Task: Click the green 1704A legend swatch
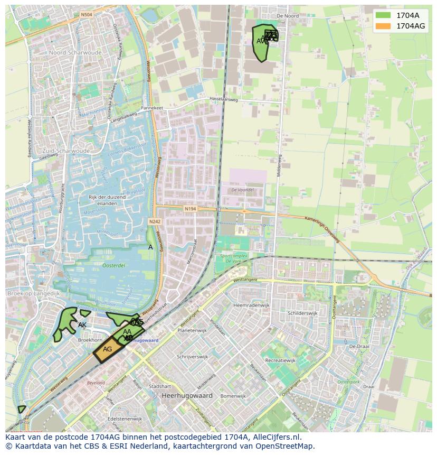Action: [x=384, y=15]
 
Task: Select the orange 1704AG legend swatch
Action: [x=384, y=25]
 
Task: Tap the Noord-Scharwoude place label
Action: [x=74, y=53]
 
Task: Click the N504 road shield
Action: [x=87, y=15]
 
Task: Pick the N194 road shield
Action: [x=190, y=209]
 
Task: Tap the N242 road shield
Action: [x=155, y=221]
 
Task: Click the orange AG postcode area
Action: [x=108, y=349]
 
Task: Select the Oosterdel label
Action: [x=113, y=266]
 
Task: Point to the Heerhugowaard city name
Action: [x=187, y=395]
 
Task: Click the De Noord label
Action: [x=288, y=16]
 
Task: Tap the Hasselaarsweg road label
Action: [x=223, y=99]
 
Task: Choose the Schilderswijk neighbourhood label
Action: [x=302, y=313]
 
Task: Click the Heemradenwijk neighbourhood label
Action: [x=251, y=305]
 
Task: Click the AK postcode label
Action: [x=82, y=324]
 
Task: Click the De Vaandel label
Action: [x=242, y=190]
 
